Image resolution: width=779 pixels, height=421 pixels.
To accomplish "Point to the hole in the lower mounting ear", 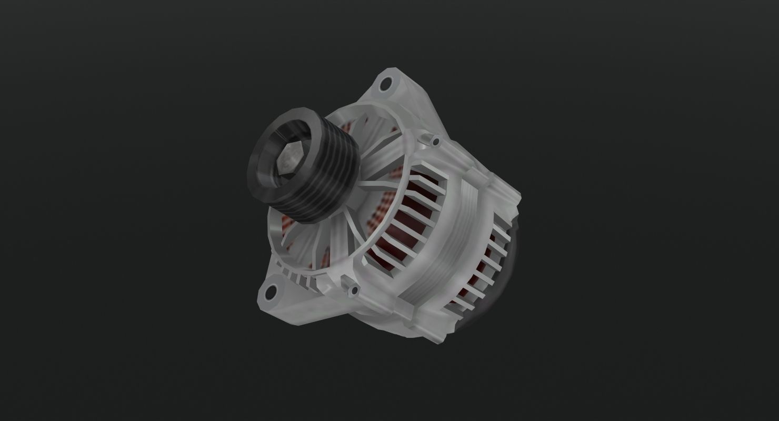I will (272, 291).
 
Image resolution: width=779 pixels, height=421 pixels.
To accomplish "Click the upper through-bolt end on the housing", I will (435, 141).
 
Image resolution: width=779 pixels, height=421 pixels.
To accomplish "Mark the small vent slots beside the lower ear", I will (295, 276).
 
